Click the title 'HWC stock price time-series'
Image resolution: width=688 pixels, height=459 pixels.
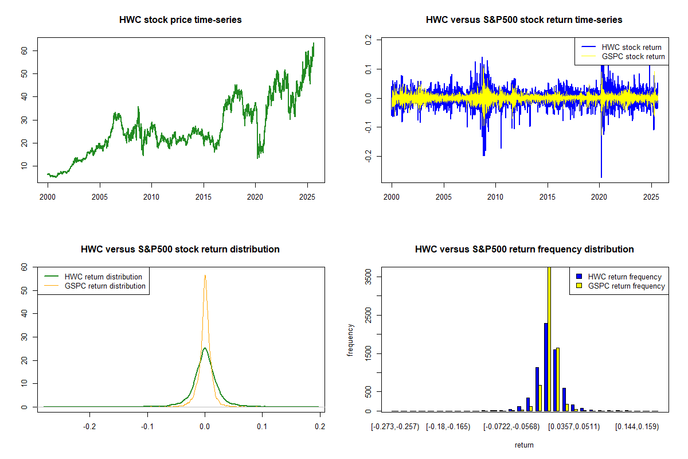pos(180,20)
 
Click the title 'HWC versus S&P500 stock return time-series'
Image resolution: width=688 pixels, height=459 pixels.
pos(524,20)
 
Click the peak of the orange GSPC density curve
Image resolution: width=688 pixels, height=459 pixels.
pos(205,275)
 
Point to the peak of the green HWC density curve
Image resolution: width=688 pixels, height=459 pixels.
pos(205,348)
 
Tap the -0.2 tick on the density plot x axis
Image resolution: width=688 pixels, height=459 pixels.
pos(89,427)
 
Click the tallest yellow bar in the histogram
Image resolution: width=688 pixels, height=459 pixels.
pos(549,339)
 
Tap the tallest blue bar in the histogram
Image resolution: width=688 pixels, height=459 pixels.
pos(546,367)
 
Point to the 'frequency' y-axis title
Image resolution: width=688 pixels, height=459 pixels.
pos(350,340)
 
